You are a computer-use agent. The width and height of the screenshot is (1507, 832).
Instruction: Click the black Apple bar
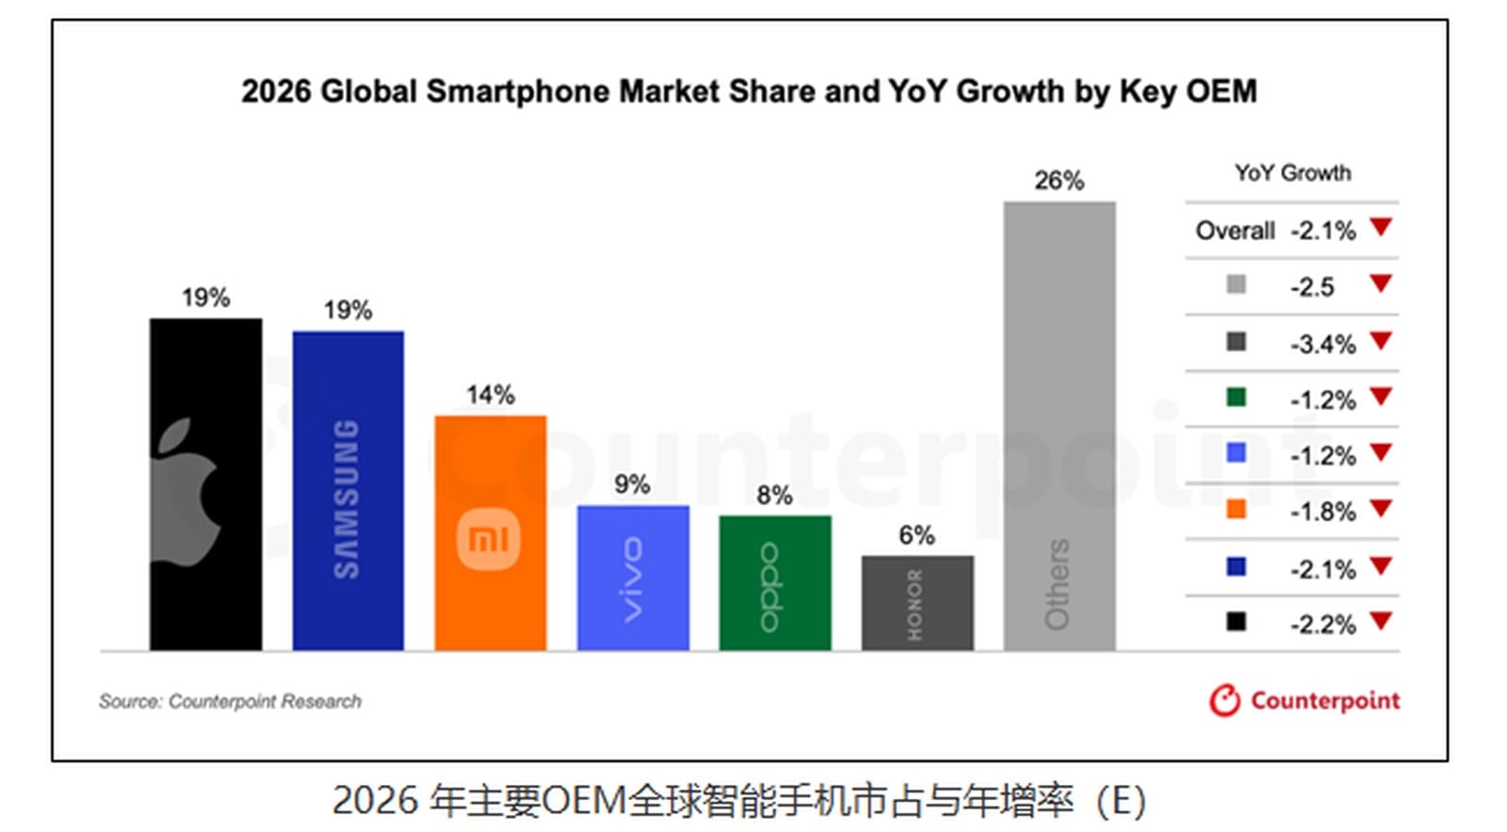[x=205, y=484]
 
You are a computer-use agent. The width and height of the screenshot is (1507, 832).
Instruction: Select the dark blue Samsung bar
[x=348, y=490]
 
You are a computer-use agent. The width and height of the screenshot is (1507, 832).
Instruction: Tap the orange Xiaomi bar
[x=490, y=532]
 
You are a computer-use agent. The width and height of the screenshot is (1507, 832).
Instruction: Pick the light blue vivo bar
[x=632, y=578]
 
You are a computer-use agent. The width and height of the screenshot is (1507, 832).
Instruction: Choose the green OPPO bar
[x=774, y=582]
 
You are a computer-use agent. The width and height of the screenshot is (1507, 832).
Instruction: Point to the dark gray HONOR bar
[x=916, y=603]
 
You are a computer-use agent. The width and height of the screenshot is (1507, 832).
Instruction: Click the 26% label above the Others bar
[x=1059, y=180]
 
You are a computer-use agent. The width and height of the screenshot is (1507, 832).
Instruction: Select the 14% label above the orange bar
[x=490, y=395]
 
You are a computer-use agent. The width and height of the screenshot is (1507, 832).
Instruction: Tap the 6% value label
[x=916, y=535]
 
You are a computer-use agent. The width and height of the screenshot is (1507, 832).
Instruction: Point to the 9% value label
[x=632, y=484]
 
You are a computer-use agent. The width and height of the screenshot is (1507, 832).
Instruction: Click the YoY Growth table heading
[x=1292, y=173]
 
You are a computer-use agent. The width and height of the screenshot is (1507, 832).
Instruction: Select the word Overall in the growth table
[x=1235, y=231]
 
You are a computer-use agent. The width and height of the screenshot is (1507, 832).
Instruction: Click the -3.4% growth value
[x=1322, y=344]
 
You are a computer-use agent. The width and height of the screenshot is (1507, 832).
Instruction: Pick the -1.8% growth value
[x=1322, y=512]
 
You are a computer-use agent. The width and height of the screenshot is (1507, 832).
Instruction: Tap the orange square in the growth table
[x=1236, y=510]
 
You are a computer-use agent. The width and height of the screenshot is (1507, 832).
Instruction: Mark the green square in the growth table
[x=1236, y=398]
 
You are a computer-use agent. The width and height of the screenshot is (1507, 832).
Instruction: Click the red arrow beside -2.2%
[x=1381, y=621]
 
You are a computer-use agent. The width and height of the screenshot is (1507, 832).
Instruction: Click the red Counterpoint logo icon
[x=1224, y=700]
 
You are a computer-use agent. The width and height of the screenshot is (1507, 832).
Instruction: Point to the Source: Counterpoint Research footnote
[x=230, y=701]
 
